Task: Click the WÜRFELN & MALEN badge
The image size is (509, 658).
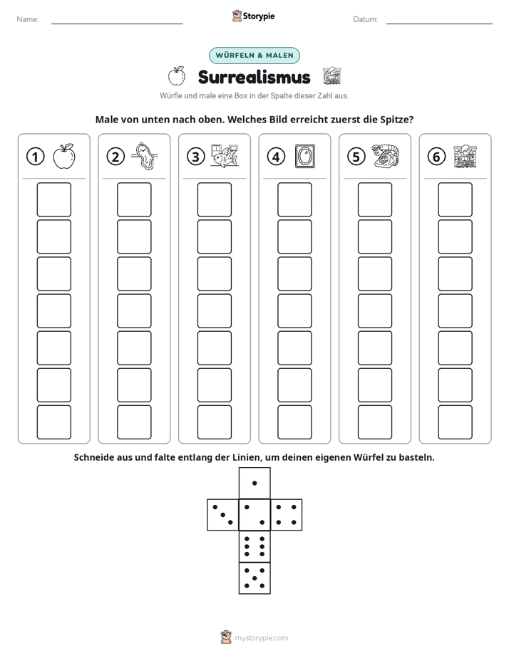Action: (x=254, y=56)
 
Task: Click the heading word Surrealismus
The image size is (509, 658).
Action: (x=254, y=77)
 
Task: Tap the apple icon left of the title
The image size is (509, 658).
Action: (x=177, y=76)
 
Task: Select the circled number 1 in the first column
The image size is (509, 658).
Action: (x=35, y=157)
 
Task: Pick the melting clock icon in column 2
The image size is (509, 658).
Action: (x=144, y=156)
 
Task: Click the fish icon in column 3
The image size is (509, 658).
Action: (x=225, y=156)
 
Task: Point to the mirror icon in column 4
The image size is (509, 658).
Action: (x=305, y=156)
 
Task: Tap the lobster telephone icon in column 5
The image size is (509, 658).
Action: (x=385, y=156)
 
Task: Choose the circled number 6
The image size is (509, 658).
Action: (x=436, y=157)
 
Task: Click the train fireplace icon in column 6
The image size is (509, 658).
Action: (x=466, y=156)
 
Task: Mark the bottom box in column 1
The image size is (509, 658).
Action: (x=53, y=422)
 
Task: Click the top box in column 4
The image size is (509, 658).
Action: (x=294, y=199)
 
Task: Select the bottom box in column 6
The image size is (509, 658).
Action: (x=455, y=422)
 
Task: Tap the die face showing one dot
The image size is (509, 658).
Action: (x=254, y=484)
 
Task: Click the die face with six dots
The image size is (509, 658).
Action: (x=254, y=546)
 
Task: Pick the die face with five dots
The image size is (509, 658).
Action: (x=254, y=578)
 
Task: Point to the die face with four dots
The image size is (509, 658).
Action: (x=287, y=515)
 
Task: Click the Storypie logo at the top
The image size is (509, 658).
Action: (x=253, y=16)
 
